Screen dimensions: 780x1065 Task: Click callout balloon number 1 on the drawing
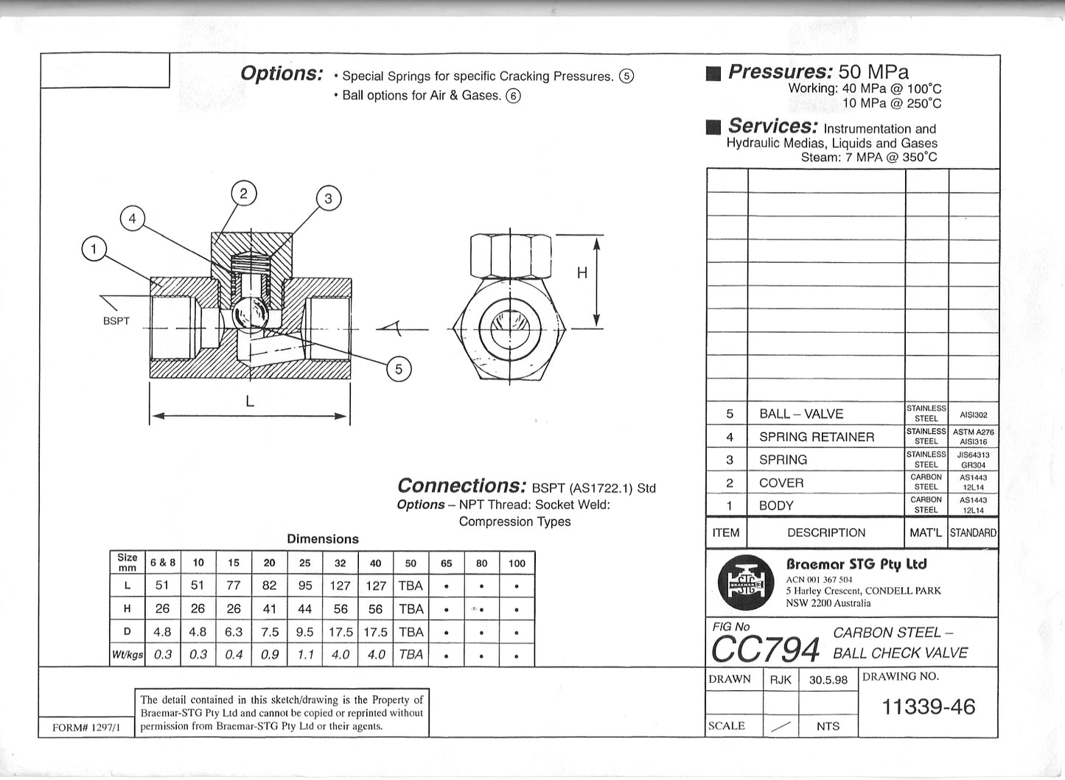click(94, 250)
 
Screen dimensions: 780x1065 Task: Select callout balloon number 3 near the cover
click(329, 198)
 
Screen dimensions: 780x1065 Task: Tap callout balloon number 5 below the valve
click(399, 369)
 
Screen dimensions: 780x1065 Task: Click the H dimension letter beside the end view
click(582, 273)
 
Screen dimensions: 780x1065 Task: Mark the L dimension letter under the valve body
click(250, 401)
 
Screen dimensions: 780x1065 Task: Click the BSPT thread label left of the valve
click(116, 321)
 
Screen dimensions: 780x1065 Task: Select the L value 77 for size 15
click(234, 586)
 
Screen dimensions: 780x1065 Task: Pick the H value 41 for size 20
click(269, 608)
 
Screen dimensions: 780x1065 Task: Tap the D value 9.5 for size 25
click(304, 632)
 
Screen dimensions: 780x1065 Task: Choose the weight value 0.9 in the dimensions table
click(269, 654)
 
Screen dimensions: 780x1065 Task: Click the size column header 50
click(411, 563)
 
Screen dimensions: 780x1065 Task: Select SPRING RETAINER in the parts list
click(817, 437)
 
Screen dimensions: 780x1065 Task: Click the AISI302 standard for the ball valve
click(974, 415)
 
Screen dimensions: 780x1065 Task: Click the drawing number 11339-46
click(928, 707)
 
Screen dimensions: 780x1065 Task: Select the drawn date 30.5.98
click(828, 680)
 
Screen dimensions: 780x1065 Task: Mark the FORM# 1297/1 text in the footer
click(85, 727)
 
